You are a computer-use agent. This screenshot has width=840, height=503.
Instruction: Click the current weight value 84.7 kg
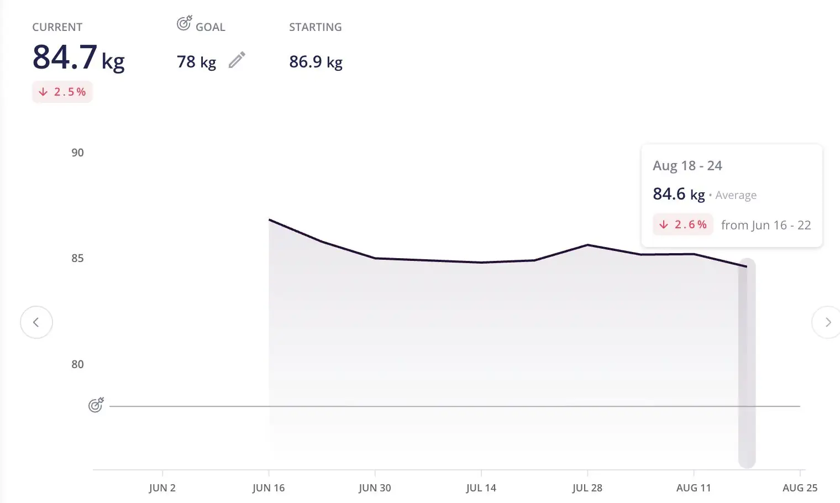click(78, 57)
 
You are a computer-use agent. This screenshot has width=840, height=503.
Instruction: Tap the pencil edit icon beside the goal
click(237, 60)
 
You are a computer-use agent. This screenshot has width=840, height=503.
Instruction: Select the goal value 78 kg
click(196, 62)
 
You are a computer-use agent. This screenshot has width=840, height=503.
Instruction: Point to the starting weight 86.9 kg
click(316, 62)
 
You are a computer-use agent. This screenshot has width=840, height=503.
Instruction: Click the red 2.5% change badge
click(62, 92)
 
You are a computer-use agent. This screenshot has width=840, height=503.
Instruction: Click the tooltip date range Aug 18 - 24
click(687, 166)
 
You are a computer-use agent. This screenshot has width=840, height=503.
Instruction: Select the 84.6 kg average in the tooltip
click(679, 194)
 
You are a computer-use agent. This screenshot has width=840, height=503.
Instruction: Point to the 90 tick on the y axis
click(77, 153)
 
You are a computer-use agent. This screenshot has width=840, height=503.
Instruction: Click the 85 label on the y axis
click(77, 259)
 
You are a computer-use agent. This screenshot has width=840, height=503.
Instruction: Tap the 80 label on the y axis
click(77, 365)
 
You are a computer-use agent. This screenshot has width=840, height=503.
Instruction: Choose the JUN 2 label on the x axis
click(162, 488)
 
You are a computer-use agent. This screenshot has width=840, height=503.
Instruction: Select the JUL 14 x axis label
click(481, 488)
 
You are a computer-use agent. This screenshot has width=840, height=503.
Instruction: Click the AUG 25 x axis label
click(800, 488)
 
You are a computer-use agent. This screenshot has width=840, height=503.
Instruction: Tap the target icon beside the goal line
click(96, 405)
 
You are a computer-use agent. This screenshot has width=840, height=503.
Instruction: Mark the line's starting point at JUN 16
click(269, 220)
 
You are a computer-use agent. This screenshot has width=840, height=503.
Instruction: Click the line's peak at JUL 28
click(587, 245)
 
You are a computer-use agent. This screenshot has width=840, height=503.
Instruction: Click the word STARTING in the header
click(315, 27)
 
